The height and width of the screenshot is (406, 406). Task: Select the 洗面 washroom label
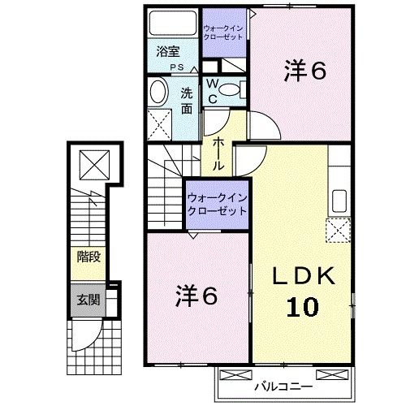[x=186, y=100]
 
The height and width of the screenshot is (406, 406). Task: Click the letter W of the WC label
[x=210, y=84]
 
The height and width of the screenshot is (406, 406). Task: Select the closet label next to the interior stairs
[x=214, y=202]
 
